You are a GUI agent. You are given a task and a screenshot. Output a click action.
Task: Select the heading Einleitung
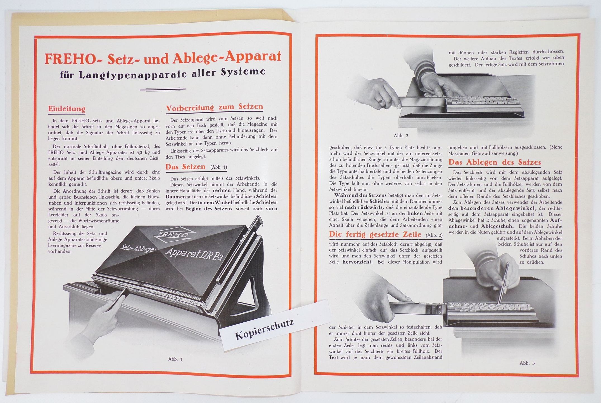pos(66,109)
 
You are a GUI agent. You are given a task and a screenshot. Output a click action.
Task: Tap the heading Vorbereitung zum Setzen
pos(214,107)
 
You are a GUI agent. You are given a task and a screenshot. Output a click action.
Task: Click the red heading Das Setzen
pos(185,167)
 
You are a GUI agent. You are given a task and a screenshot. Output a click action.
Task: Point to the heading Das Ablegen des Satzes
pos(495,162)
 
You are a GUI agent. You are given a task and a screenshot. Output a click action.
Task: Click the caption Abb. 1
pos(175,359)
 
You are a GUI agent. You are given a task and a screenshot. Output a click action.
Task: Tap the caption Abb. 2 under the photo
pos(401,135)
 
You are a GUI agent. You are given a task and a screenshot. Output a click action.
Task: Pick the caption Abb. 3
pos(527,363)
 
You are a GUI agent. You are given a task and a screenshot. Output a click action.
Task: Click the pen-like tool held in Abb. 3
pos(504,283)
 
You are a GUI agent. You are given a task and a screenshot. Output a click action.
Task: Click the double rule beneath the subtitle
pos(163,90)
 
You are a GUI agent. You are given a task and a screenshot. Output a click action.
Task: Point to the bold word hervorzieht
pos(357,262)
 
